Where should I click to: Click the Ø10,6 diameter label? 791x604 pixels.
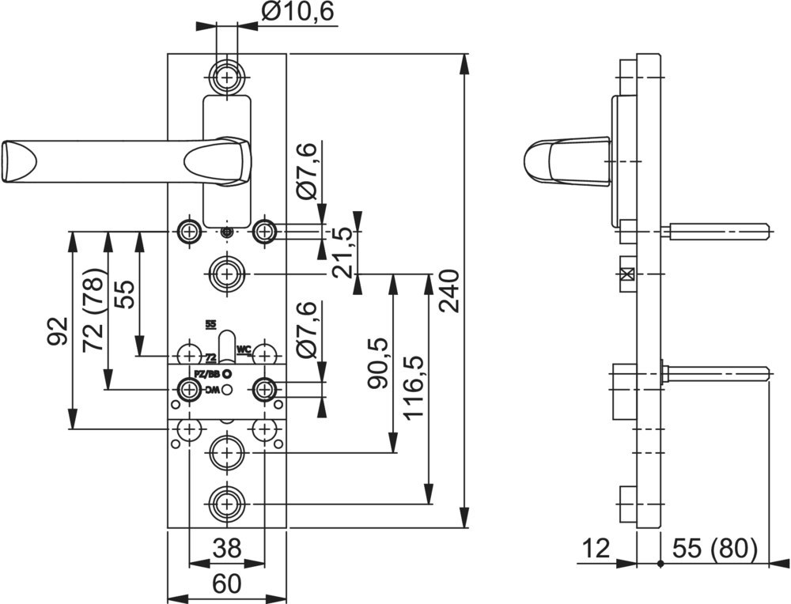pyautogui.click(x=300, y=12)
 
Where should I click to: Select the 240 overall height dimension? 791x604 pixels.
pyautogui.click(x=448, y=291)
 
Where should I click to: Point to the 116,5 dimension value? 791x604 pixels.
pyautogui.click(x=414, y=387)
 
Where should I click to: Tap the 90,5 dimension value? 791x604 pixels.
pyautogui.click(x=378, y=363)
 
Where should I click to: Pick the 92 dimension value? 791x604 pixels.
pyautogui.click(x=55, y=333)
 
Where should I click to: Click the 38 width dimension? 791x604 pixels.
pyautogui.click(x=227, y=548)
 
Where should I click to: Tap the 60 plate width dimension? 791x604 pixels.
pyautogui.click(x=227, y=583)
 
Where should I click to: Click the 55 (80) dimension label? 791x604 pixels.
pyautogui.click(x=714, y=548)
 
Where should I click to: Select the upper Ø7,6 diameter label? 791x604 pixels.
pyautogui.click(x=307, y=171)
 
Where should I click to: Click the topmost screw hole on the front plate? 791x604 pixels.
pyautogui.click(x=228, y=77)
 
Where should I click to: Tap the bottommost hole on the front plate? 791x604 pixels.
pyautogui.click(x=228, y=503)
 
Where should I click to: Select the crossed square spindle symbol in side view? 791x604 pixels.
pyautogui.click(x=627, y=274)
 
